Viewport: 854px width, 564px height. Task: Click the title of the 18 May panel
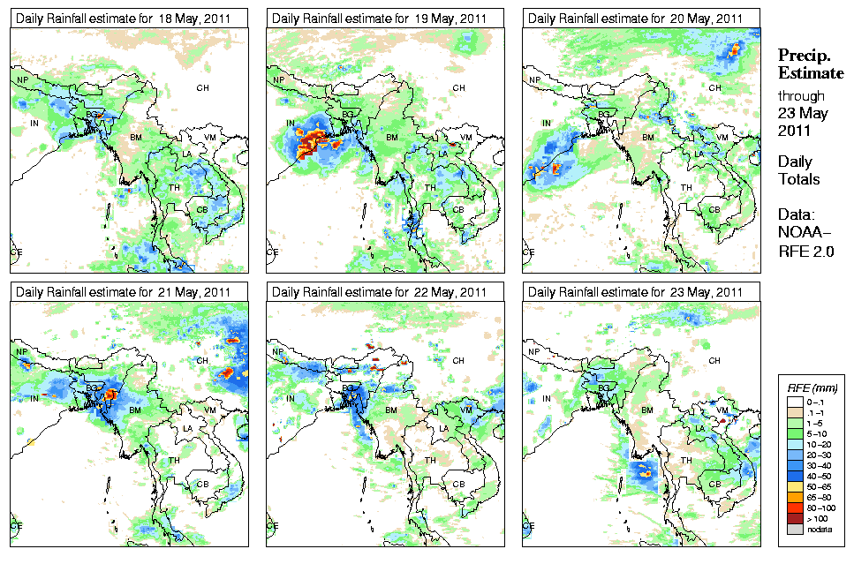(127, 19)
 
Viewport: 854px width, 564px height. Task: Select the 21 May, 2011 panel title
(127, 292)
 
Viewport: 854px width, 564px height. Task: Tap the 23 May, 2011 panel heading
(639, 292)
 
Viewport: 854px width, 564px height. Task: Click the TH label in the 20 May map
(686, 187)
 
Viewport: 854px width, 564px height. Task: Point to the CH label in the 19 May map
(458, 87)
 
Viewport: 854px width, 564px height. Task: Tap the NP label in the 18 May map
(23, 80)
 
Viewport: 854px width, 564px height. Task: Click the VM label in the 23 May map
(722, 410)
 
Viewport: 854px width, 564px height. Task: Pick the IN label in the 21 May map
(35, 399)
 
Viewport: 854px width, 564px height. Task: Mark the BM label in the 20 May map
(647, 138)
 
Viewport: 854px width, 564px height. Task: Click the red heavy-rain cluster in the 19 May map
(312, 141)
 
